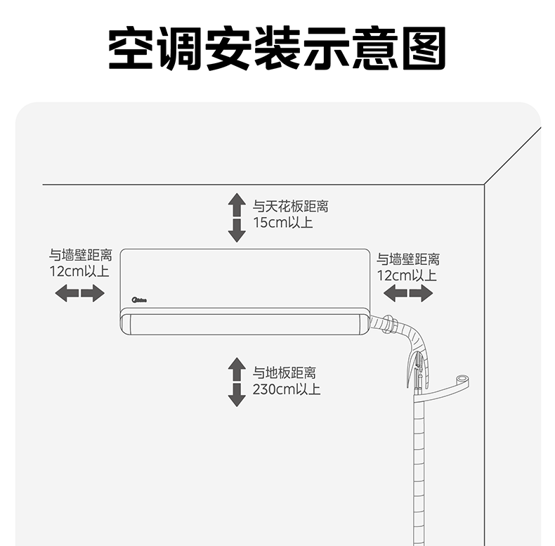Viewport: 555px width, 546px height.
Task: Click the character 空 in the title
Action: pos(131,48)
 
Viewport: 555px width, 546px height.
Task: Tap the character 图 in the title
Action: pos(424,48)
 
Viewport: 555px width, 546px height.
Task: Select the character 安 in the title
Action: pos(228,48)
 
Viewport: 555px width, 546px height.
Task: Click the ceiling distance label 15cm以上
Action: pos(283,223)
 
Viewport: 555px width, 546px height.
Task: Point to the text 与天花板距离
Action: pos(291,207)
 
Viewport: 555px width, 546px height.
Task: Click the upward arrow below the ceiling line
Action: pos(237,204)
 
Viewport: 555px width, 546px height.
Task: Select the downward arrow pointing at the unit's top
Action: pos(237,230)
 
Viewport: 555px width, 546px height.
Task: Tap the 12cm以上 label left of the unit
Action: pos(79,271)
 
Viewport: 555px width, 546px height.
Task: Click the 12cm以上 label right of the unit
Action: pos(407,275)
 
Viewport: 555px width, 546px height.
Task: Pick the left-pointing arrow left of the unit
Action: pos(67,293)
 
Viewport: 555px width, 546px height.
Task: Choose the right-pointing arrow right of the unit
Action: pos(422,293)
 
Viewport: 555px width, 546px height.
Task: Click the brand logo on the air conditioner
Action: pos(139,300)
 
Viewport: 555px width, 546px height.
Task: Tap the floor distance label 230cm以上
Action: pos(287,389)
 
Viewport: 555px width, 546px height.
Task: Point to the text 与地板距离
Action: pos(285,373)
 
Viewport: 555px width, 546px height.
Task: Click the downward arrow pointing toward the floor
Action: pos(237,395)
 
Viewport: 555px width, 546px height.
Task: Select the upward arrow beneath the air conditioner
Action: pos(237,369)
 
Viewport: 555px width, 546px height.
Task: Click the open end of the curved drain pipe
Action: pos(462,379)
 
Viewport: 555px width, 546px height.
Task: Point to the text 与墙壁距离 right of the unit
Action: pos(408,259)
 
